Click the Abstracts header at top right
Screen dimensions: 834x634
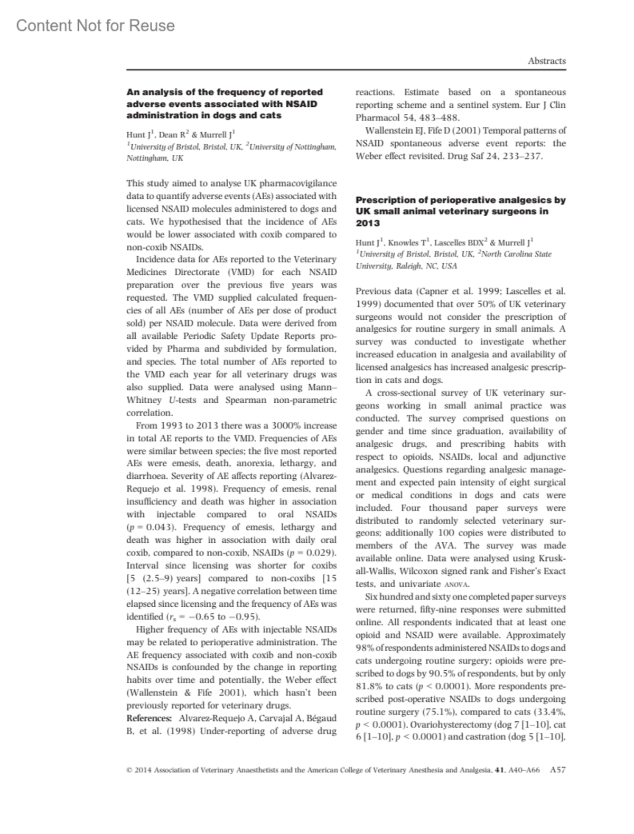(x=546, y=61)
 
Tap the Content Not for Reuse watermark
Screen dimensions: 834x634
(x=95, y=25)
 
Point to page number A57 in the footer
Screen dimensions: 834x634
(x=557, y=770)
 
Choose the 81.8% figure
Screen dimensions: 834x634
(x=370, y=686)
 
